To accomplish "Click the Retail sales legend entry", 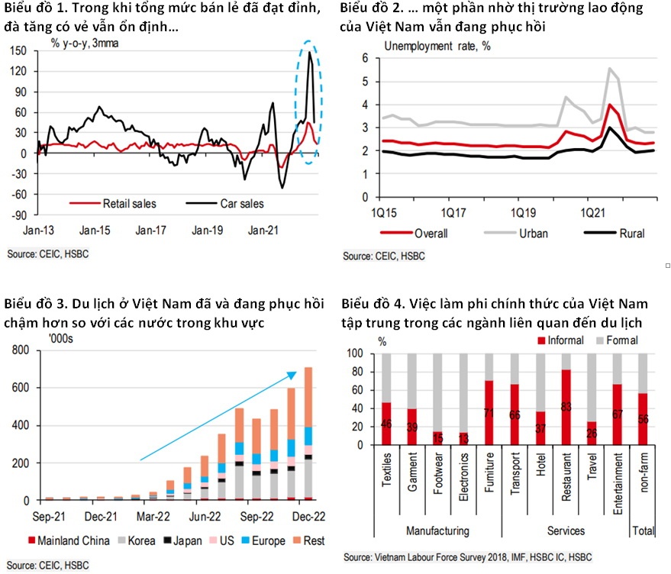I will [115, 204].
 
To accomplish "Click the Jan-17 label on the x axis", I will [151, 229].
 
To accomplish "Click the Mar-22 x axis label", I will [153, 516].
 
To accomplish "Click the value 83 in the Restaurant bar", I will [566, 405].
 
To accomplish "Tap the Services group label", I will [566, 530].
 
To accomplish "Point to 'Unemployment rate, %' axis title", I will [437, 45].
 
